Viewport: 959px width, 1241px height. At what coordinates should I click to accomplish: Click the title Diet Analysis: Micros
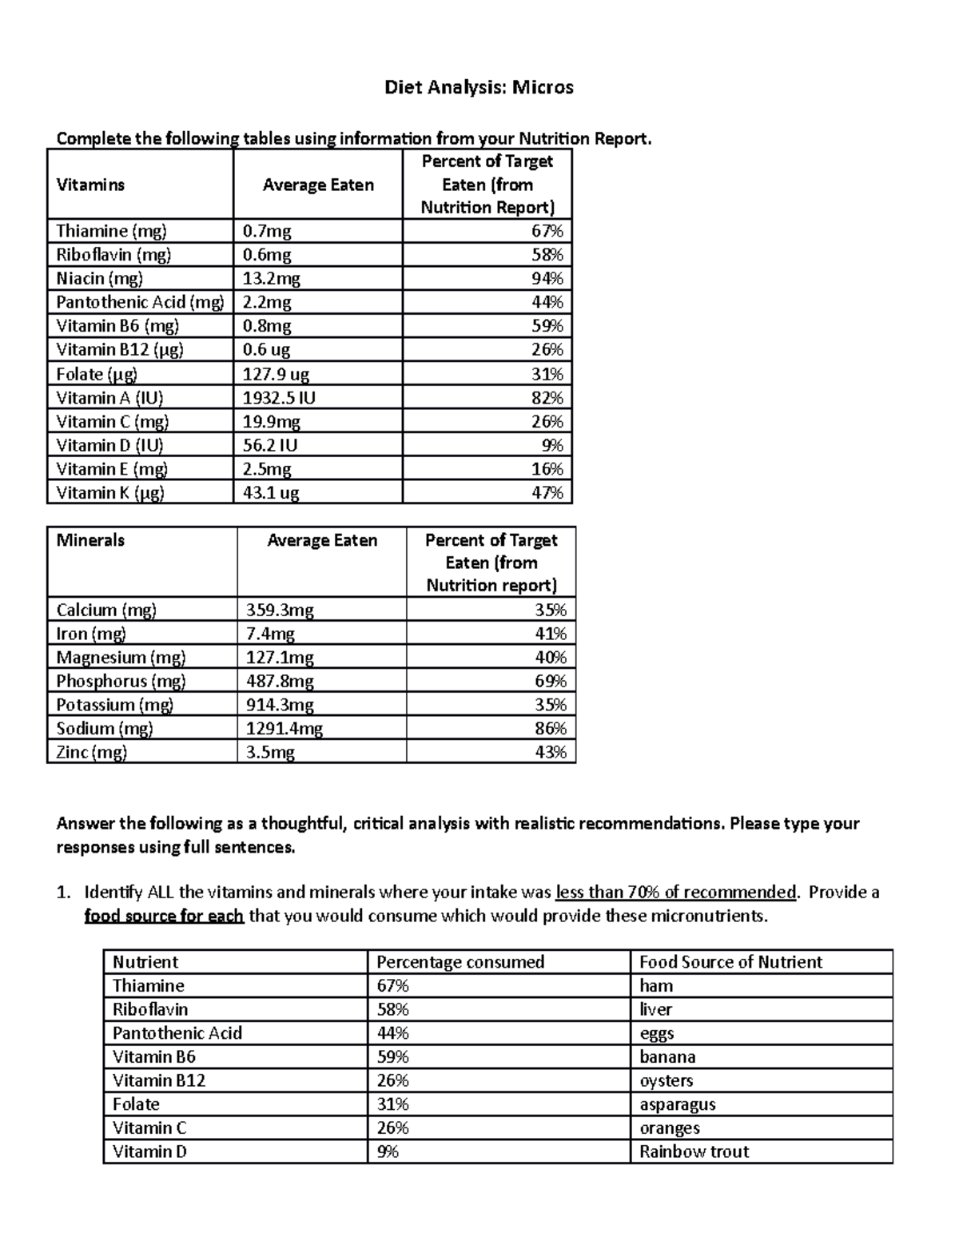[479, 87]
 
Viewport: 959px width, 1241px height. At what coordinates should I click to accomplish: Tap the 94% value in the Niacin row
[547, 278]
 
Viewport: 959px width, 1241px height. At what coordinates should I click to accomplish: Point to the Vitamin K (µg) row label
[110, 492]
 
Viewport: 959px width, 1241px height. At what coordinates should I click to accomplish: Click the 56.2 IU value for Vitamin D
[270, 445]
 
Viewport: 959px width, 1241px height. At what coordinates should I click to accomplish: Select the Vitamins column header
[90, 185]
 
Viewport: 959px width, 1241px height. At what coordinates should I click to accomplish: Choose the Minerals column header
[90, 540]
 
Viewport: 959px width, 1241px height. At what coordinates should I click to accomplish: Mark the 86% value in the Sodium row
[551, 728]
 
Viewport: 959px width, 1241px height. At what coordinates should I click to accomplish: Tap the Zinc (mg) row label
[92, 752]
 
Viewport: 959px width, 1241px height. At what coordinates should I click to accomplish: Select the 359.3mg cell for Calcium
[280, 610]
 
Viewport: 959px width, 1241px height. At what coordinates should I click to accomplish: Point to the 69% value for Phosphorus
[551, 681]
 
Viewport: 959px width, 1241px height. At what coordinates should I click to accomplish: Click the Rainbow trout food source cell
[694, 1152]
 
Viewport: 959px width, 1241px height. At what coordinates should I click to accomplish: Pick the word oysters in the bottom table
[666, 1080]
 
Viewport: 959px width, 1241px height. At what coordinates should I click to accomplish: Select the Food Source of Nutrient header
[730, 961]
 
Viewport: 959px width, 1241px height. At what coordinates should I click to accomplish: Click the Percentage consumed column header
[460, 961]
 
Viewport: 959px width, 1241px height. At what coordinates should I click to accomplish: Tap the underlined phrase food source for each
[164, 916]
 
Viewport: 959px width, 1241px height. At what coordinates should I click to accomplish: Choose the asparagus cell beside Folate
[677, 1104]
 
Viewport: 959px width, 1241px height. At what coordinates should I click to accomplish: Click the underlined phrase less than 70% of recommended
[676, 892]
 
